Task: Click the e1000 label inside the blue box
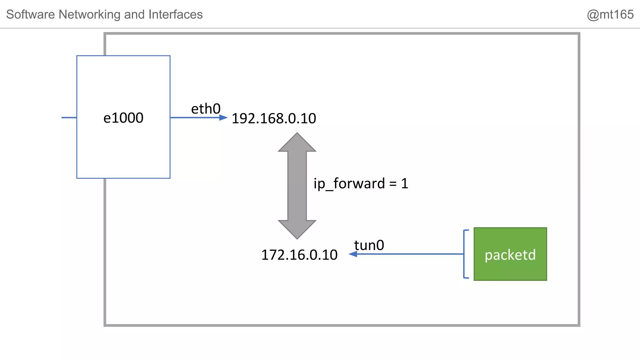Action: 123,118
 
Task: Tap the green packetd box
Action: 510,254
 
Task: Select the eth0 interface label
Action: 206,109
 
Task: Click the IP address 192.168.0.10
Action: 274,118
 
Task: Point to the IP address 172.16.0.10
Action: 299,255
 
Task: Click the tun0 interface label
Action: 369,245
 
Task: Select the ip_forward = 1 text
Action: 361,183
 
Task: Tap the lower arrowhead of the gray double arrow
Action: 297,230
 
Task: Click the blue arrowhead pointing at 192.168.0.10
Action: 223,117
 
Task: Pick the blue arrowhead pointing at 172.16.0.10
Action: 353,254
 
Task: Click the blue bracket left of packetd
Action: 465,254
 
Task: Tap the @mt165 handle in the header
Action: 610,14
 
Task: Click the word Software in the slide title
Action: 30,14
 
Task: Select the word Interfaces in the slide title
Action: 175,14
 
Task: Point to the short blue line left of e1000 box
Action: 69,117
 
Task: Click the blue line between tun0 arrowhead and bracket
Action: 409,254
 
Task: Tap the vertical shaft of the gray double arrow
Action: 297,186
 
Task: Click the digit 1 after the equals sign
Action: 405,183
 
